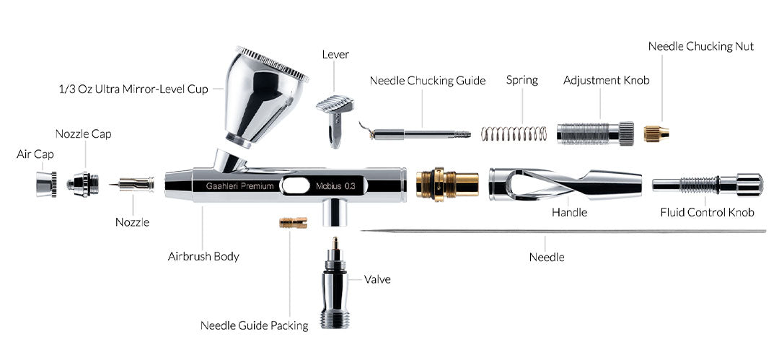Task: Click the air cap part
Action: (46, 184)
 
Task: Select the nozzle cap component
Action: (82, 184)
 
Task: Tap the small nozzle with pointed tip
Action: (132, 185)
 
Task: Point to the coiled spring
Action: (514, 133)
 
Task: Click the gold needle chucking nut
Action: (656, 133)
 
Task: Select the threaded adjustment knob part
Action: (595, 133)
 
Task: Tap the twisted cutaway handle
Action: (565, 184)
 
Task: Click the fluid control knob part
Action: (708, 185)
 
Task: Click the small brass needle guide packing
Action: (293, 222)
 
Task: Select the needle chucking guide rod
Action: (415, 132)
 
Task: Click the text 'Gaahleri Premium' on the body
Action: (240, 186)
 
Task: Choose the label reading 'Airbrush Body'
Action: (203, 257)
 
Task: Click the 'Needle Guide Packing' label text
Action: (255, 325)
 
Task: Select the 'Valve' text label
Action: (377, 279)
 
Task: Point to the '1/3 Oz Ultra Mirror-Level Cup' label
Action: (133, 89)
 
